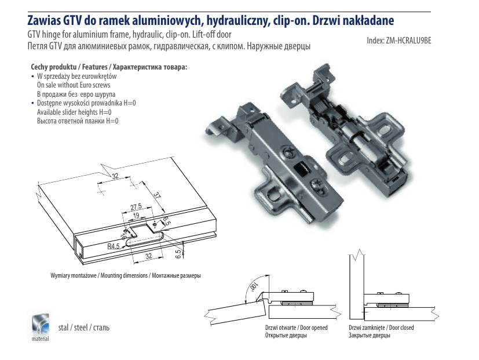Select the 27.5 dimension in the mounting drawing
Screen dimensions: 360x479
pos(136,207)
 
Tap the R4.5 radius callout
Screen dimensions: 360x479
pos(113,246)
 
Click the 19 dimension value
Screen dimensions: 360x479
pos(137,216)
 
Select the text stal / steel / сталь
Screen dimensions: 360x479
pos(84,328)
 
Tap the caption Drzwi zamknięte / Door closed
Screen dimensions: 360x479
pos(381,328)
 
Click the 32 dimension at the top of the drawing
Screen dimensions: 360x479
pos(115,176)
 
